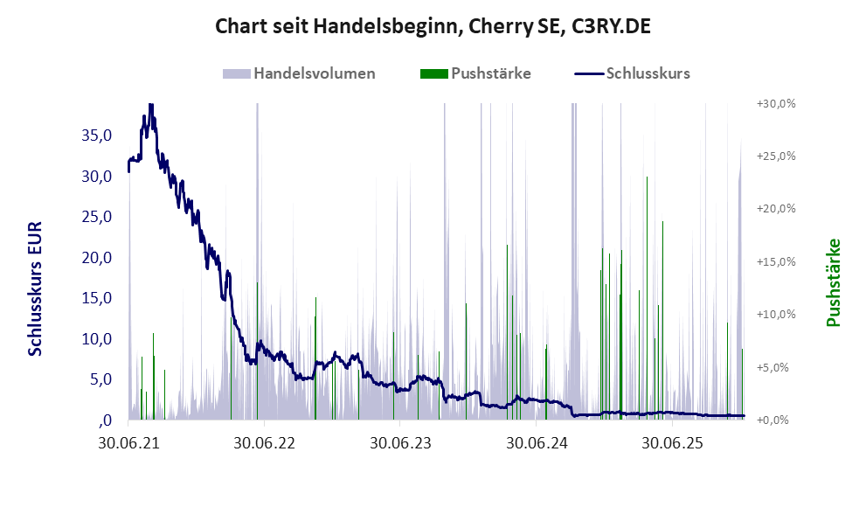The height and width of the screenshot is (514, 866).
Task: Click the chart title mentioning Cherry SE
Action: (x=433, y=27)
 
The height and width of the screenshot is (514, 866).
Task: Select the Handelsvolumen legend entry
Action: (x=300, y=73)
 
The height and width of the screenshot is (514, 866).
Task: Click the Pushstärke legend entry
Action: (x=476, y=73)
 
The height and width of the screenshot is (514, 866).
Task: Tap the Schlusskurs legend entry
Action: (x=633, y=73)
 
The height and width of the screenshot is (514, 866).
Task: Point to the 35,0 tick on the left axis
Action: (x=96, y=135)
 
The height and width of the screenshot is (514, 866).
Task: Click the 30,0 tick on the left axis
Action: (x=96, y=176)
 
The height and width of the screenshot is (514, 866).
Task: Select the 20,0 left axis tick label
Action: (x=96, y=258)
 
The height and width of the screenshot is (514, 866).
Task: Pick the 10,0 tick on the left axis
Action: (x=96, y=339)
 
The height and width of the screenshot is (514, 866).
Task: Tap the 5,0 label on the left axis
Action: (x=100, y=379)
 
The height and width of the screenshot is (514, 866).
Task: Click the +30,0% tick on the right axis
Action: (x=775, y=103)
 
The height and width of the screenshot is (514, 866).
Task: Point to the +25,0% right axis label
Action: (x=775, y=156)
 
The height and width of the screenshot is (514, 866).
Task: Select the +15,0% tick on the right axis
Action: (x=775, y=261)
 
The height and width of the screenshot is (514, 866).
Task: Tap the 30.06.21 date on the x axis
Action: (x=128, y=443)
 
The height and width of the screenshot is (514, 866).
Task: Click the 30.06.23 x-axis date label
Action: (x=400, y=443)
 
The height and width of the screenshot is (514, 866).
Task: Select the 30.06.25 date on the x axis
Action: (x=672, y=443)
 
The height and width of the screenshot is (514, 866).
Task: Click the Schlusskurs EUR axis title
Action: (x=35, y=288)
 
